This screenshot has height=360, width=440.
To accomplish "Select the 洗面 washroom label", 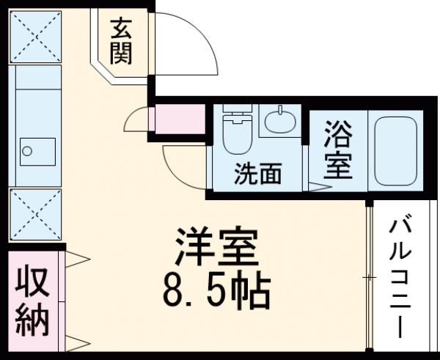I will [x=257, y=175].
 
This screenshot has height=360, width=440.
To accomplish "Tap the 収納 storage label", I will [x=32, y=301].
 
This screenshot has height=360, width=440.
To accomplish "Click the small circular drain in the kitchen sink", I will [x=28, y=152].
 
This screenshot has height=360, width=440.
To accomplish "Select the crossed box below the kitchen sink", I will [x=34, y=213].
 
